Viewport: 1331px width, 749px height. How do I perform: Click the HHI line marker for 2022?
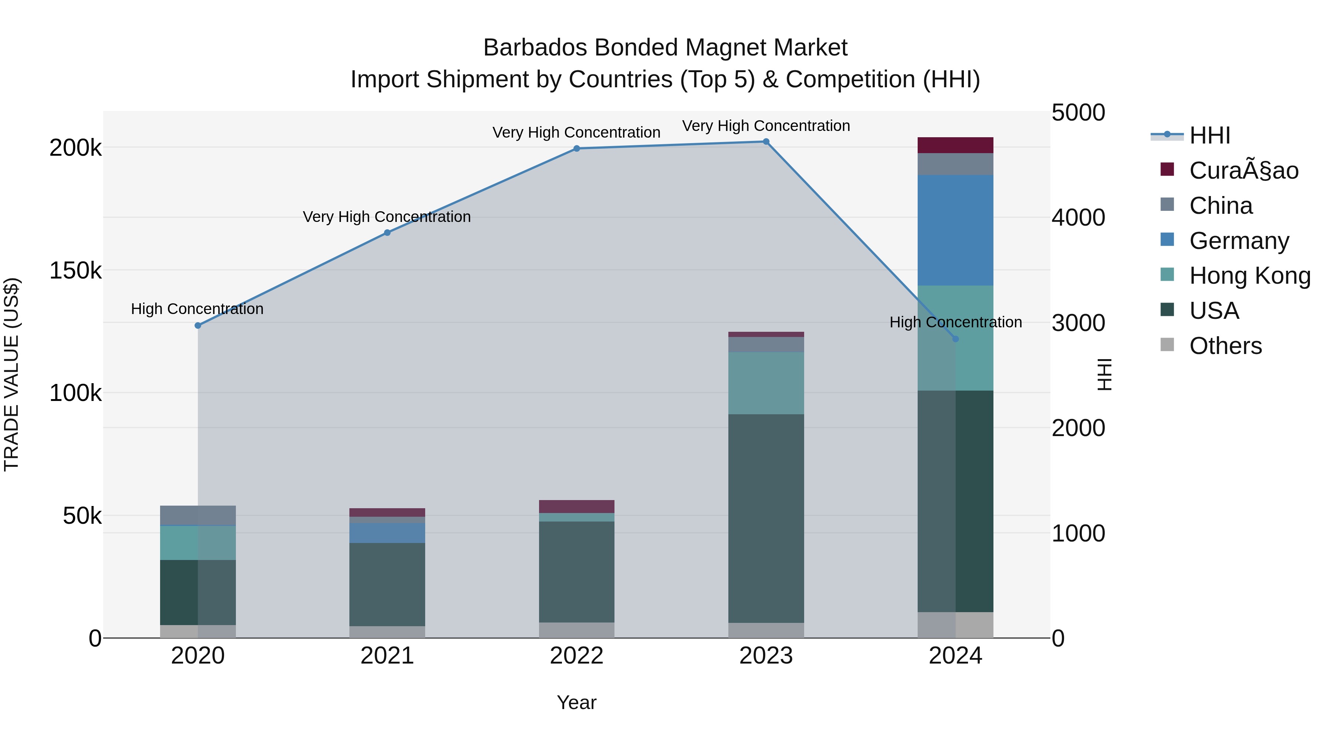coord(577,148)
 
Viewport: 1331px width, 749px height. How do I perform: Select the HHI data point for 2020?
coord(198,325)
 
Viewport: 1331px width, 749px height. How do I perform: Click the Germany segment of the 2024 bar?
coord(955,230)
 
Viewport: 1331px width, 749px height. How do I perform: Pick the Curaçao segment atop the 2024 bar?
coord(955,145)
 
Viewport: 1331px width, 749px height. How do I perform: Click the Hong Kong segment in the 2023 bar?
coord(766,383)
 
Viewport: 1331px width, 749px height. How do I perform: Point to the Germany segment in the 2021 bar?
coord(387,532)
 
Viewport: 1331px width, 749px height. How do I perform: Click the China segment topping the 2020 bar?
coord(198,515)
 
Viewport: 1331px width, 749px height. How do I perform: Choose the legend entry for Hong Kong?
coord(1249,276)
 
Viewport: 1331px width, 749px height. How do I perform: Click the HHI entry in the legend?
coord(1209,135)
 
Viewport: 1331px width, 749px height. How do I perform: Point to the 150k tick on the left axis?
coord(75,270)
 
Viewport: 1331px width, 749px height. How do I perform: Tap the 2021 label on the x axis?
coord(387,656)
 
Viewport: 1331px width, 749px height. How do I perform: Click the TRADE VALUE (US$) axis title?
coord(11,374)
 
